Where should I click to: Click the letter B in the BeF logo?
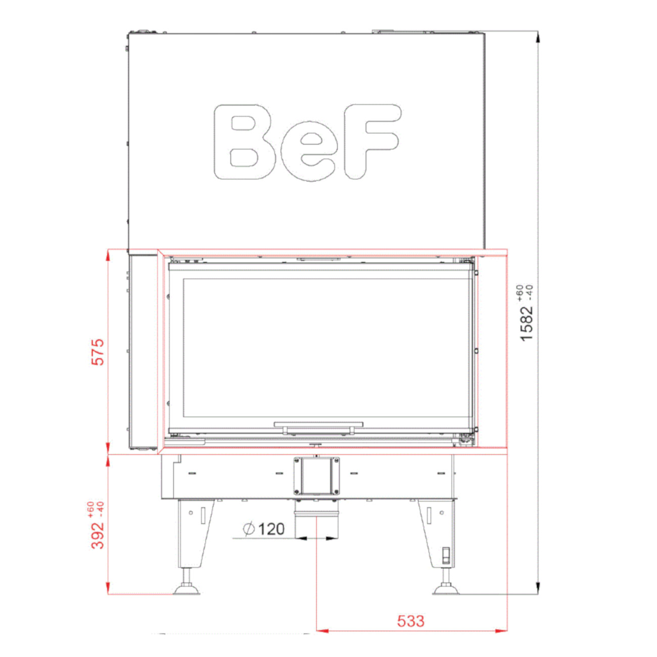244,142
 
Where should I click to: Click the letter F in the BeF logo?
372,142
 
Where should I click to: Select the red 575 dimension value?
98,352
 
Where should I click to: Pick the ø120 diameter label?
263,529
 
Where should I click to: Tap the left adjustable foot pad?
186,589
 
